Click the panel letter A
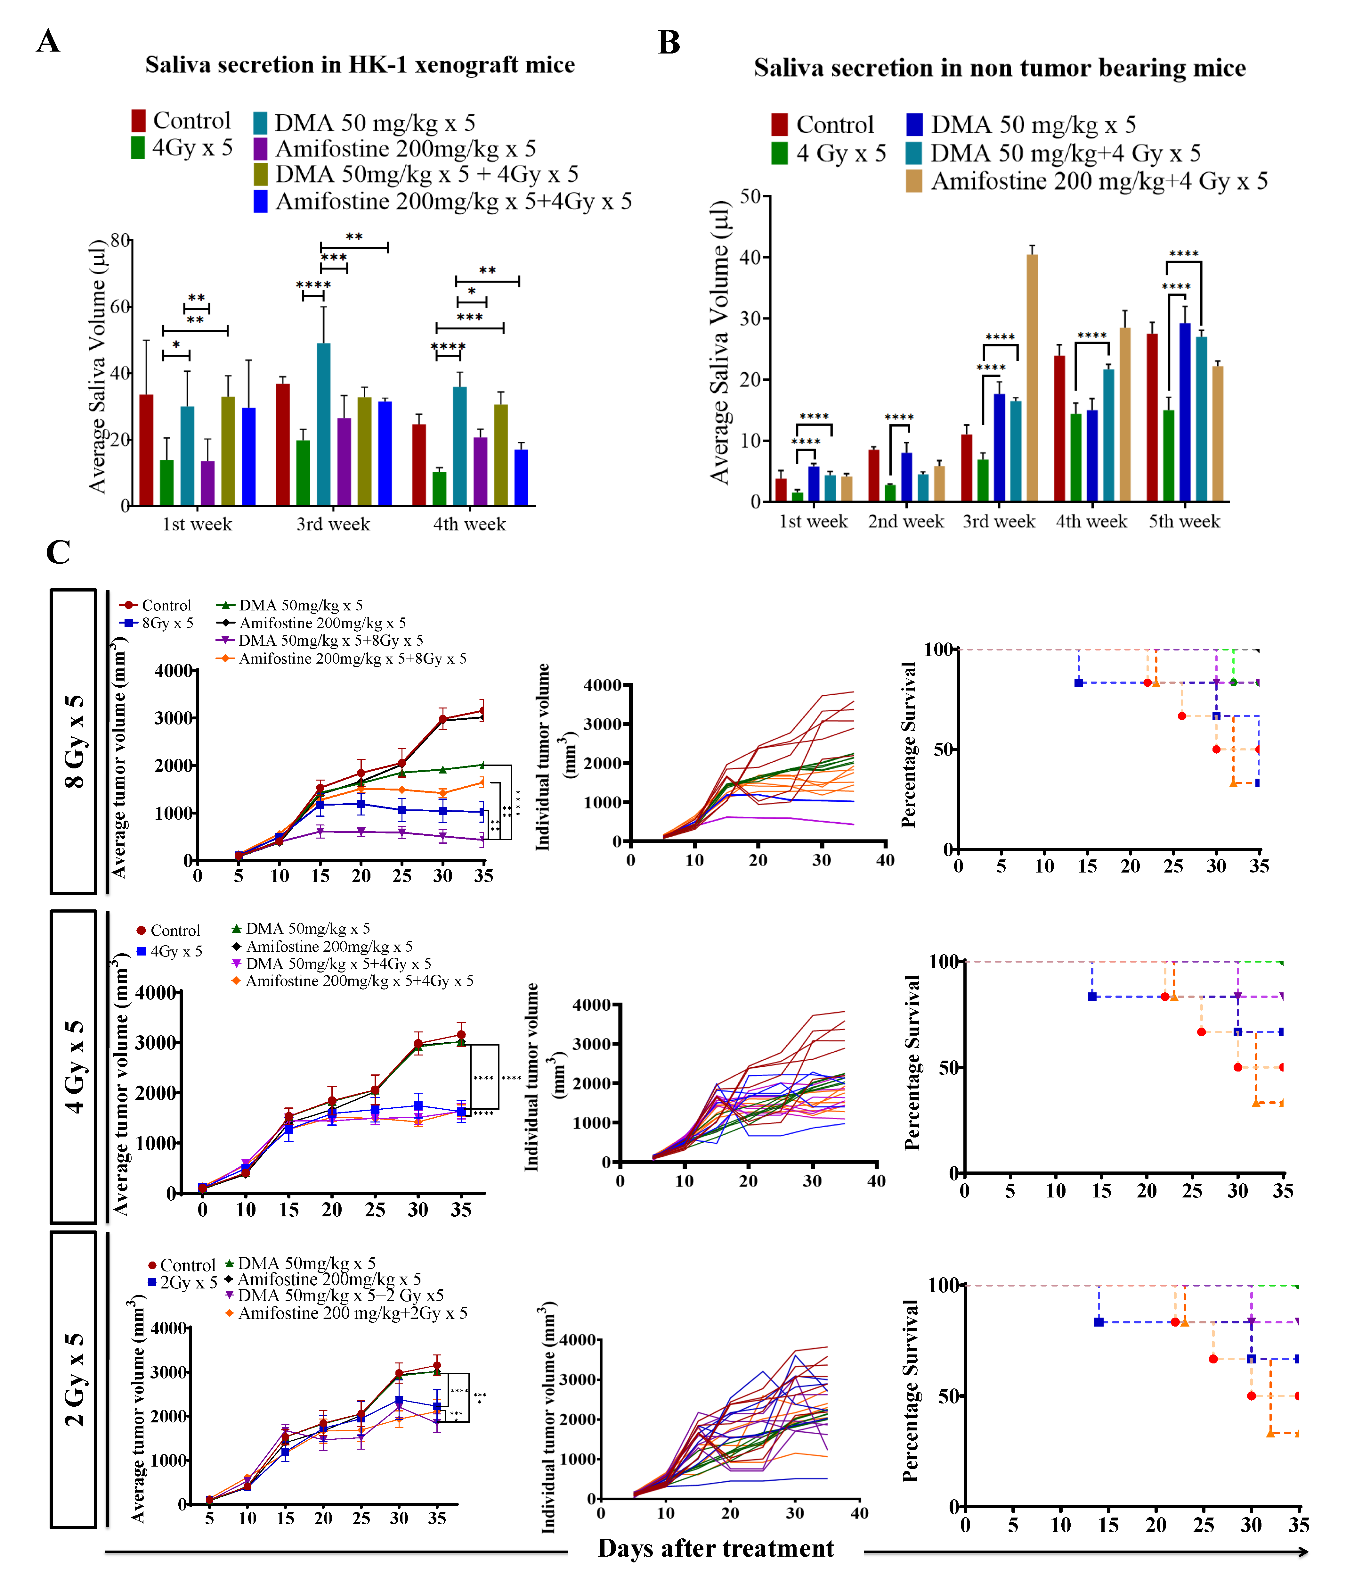pyautogui.click(x=48, y=40)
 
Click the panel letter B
pyautogui.click(x=669, y=43)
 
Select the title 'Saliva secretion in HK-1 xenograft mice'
pyautogui.click(x=360, y=65)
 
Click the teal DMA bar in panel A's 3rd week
pyautogui.click(x=323, y=424)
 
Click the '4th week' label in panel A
pyautogui.click(x=469, y=524)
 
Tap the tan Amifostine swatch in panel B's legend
pyautogui.click(x=913, y=182)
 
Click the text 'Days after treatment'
pyautogui.click(x=715, y=1548)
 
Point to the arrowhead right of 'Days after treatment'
pyautogui.click(x=1302, y=1551)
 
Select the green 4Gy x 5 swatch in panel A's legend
pyautogui.click(x=138, y=147)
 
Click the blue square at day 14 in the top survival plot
pyautogui.click(x=1078, y=682)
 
